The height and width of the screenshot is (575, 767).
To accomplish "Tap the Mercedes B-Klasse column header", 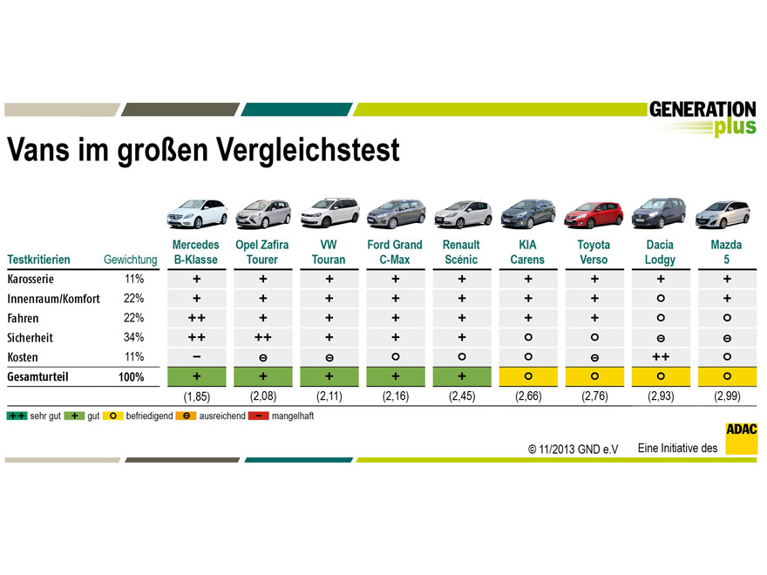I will tap(196, 252).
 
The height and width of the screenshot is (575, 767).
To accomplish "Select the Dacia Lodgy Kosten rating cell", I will tap(660, 356).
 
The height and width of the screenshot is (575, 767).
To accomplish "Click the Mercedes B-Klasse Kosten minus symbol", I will tap(196, 356).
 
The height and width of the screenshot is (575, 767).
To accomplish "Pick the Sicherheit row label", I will tap(32, 337).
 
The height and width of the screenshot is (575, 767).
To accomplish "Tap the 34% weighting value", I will tap(134, 337).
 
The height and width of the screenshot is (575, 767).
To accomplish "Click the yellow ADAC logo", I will tap(741, 438).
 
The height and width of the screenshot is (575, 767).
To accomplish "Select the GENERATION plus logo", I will tap(703, 118).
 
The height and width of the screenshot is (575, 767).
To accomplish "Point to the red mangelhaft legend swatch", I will tap(260, 416).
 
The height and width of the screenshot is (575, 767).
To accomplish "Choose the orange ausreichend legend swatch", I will tap(187, 416).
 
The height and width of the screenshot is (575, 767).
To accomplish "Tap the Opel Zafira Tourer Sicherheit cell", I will tap(262, 337).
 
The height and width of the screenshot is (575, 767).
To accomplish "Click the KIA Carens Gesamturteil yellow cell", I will tap(527, 376).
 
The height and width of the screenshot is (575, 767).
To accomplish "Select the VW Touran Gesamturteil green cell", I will tap(329, 376).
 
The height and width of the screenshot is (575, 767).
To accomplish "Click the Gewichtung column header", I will tap(130, 260).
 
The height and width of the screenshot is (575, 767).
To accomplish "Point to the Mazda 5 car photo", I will tap(726, 214).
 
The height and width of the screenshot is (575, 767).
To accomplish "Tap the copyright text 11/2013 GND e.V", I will tap(573, 450).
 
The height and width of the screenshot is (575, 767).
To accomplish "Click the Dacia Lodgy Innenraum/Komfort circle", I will tap(660, 299).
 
